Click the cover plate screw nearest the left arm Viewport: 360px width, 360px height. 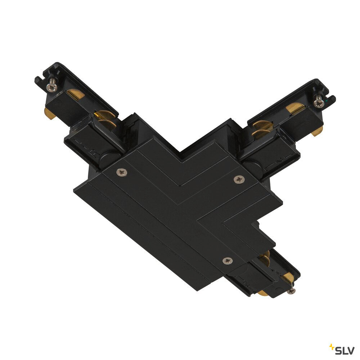click(122, 172)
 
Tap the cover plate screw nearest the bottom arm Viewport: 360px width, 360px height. click(228, 260)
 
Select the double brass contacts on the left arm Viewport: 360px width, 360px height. click(105, 118)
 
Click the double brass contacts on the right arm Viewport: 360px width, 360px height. click(262, 129)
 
